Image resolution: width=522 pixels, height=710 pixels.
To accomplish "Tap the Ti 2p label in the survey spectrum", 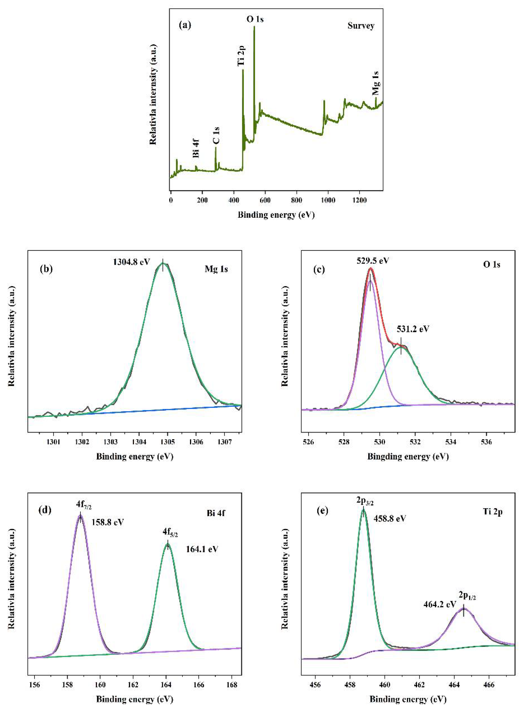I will (x=241, y=56).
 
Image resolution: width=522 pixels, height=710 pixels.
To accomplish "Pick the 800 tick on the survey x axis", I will (x=296, y=200).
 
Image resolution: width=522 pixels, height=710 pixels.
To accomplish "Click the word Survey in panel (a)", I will (x=361, y=26).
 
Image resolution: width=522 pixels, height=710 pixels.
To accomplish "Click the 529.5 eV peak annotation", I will (x=373, y=261).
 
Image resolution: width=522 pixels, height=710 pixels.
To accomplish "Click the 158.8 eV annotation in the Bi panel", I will (x=108, y=522).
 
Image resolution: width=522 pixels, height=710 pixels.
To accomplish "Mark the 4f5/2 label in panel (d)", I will (x=170, y=533).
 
